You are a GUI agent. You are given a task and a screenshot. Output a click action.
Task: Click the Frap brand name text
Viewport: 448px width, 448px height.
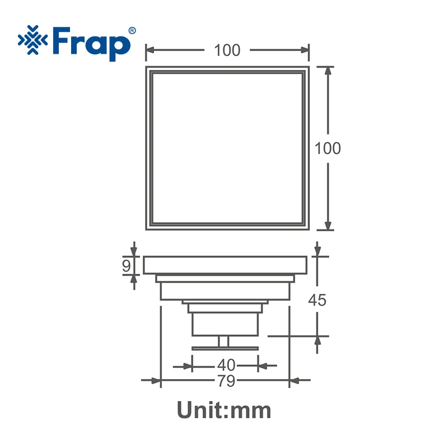pyautogui.click(x=92, y=44)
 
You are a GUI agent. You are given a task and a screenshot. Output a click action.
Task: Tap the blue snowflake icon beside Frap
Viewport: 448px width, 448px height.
pyautogui.click(x=33, y=40)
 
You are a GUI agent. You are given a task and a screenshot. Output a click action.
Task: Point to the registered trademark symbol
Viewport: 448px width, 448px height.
pyautogui.click(x=132, y=31)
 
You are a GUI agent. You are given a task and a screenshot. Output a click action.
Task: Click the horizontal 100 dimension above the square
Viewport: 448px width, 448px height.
pyautogui.click(x=227, y=50)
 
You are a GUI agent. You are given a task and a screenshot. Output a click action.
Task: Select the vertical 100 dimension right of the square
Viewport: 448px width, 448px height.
pyautogui.click(x=328, y=148)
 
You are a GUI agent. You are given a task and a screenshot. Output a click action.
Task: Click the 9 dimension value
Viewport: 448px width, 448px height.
pyautogui.click(x=127, y=266)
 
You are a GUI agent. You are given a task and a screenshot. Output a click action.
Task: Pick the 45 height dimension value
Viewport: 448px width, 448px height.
pyautogui.click(x=317, y=300)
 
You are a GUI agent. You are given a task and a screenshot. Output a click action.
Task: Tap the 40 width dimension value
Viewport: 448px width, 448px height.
pyautogui.click(x=226, y=365)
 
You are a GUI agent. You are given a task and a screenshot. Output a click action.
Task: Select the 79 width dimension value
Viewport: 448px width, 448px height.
pyautogui.click(x=226, y=381)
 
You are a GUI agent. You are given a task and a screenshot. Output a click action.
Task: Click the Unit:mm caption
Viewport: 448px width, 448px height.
pyautogui.click(x=224, y=410)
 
